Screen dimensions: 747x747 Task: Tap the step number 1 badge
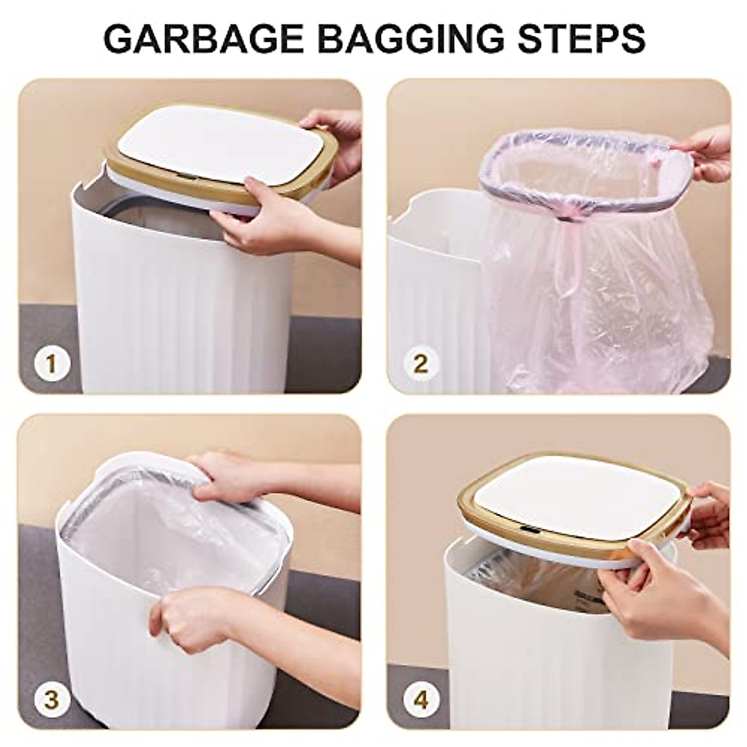point(53,364)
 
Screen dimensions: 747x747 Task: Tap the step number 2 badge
point(421,364)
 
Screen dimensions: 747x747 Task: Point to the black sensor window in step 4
point(530,529)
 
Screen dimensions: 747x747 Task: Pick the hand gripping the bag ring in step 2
point(710,149)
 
